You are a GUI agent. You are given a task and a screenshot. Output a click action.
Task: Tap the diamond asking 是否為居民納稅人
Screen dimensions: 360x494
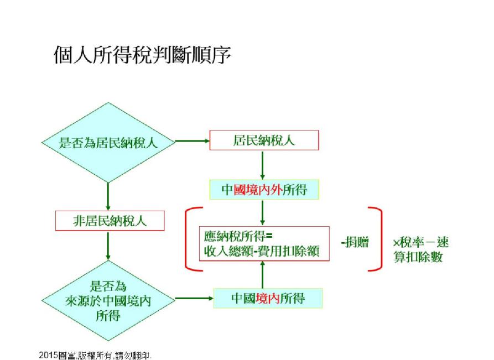(108, 142)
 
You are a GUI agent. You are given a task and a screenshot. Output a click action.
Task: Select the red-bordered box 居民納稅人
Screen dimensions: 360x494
(263, 140)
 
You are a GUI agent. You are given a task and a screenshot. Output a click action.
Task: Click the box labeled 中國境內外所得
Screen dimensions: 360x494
(263, 190)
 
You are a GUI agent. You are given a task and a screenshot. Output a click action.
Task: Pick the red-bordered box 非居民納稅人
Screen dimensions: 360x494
(111, 221)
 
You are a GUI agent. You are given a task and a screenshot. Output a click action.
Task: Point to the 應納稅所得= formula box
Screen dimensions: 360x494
(264, 244)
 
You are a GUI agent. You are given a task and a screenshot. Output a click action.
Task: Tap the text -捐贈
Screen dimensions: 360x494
(355, 243)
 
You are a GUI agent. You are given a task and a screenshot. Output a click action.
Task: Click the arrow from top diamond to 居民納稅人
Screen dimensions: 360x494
(193, 142)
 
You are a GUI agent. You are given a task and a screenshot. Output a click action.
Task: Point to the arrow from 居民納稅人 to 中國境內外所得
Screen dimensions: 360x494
(263, 164)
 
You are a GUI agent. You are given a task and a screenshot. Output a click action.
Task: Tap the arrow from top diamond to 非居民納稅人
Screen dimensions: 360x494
(108, 196)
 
